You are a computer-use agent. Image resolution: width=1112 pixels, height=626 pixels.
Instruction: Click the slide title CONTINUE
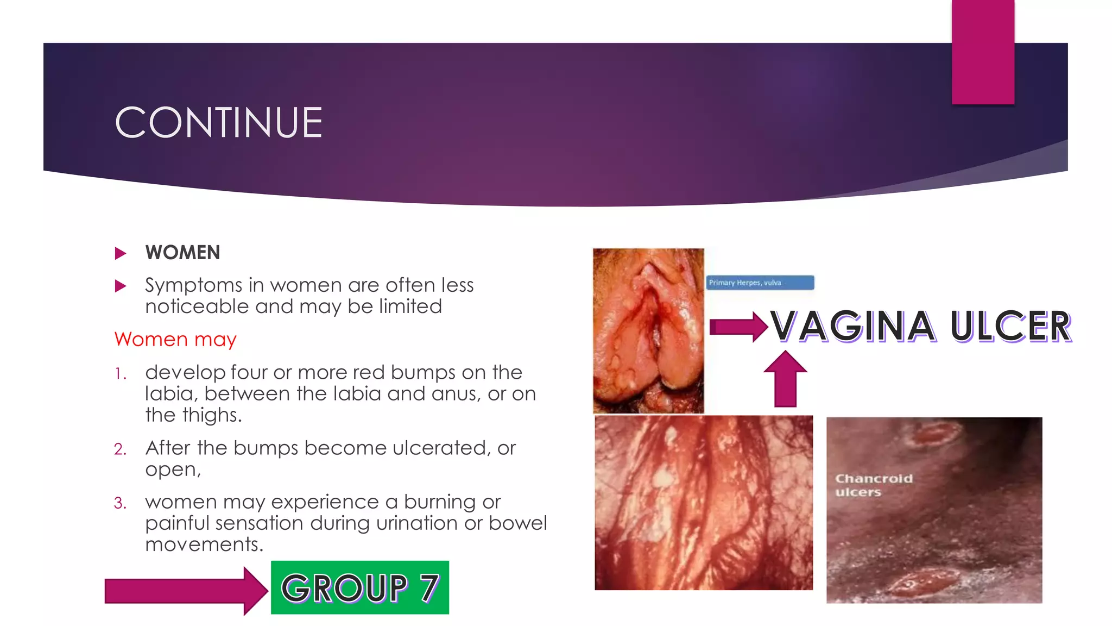coord(219,123)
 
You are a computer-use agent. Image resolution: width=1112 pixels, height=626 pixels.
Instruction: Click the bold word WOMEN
coord(182,253)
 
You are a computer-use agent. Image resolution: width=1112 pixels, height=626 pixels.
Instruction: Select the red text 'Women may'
coord(175,340)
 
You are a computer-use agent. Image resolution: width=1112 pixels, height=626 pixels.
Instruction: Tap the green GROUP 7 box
coord(359,588)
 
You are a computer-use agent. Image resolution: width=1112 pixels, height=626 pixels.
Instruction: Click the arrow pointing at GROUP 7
coord(185,591)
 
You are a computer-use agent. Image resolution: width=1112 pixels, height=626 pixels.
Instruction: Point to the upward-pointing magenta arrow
coord(785,379)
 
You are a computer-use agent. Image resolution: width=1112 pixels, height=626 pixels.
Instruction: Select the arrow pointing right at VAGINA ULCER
coord(738,327)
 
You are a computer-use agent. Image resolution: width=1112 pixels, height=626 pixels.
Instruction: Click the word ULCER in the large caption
coord(1010,327)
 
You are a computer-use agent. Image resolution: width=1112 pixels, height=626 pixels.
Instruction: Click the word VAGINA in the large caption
coord(853,327)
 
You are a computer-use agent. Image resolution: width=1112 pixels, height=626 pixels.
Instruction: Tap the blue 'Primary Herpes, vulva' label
coord(760,283)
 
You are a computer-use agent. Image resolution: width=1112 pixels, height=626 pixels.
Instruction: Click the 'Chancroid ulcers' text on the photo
coord(873,485)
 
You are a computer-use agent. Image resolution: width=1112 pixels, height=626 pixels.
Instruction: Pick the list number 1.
coord(120,374)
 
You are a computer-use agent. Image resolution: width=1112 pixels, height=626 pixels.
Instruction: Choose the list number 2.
coord(120,449)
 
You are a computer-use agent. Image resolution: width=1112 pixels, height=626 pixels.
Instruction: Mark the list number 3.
coord(120,503)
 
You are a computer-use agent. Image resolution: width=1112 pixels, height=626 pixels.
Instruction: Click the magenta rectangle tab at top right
coord(983,52)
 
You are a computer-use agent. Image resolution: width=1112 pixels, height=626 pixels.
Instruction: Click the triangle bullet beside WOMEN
coord(121,253)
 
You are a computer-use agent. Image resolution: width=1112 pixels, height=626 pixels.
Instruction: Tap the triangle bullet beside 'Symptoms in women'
coord(121,286)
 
